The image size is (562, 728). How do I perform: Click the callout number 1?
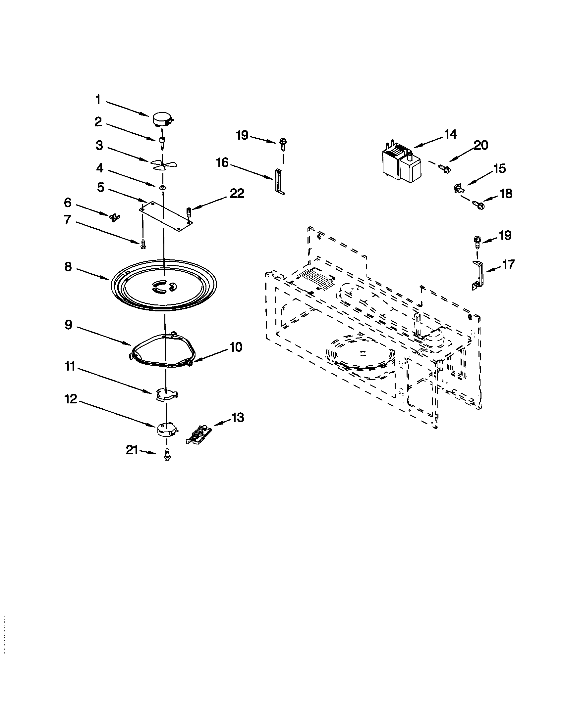98,99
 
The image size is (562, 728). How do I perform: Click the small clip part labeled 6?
114,218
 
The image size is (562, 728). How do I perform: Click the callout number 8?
68,267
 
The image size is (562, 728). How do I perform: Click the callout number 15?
499,169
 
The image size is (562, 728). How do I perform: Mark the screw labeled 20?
444,168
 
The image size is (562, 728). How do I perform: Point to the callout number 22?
237,193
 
